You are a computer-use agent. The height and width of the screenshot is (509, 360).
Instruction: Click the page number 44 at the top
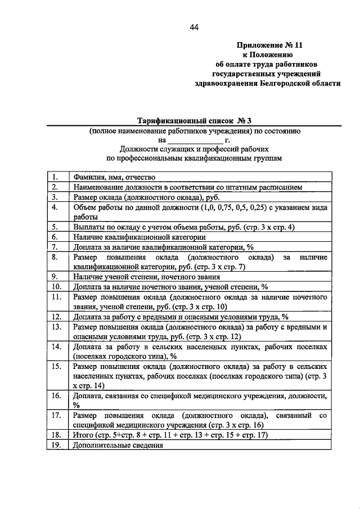[x=195, y=27]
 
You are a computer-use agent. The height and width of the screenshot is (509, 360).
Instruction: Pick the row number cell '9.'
[x=56, y=276]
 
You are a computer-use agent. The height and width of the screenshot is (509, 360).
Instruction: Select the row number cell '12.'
[x=56, y=317]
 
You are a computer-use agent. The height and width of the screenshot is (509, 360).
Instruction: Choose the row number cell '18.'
[x=56, y=435]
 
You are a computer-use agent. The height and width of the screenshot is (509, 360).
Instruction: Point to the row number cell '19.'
[x=56, y=445]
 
